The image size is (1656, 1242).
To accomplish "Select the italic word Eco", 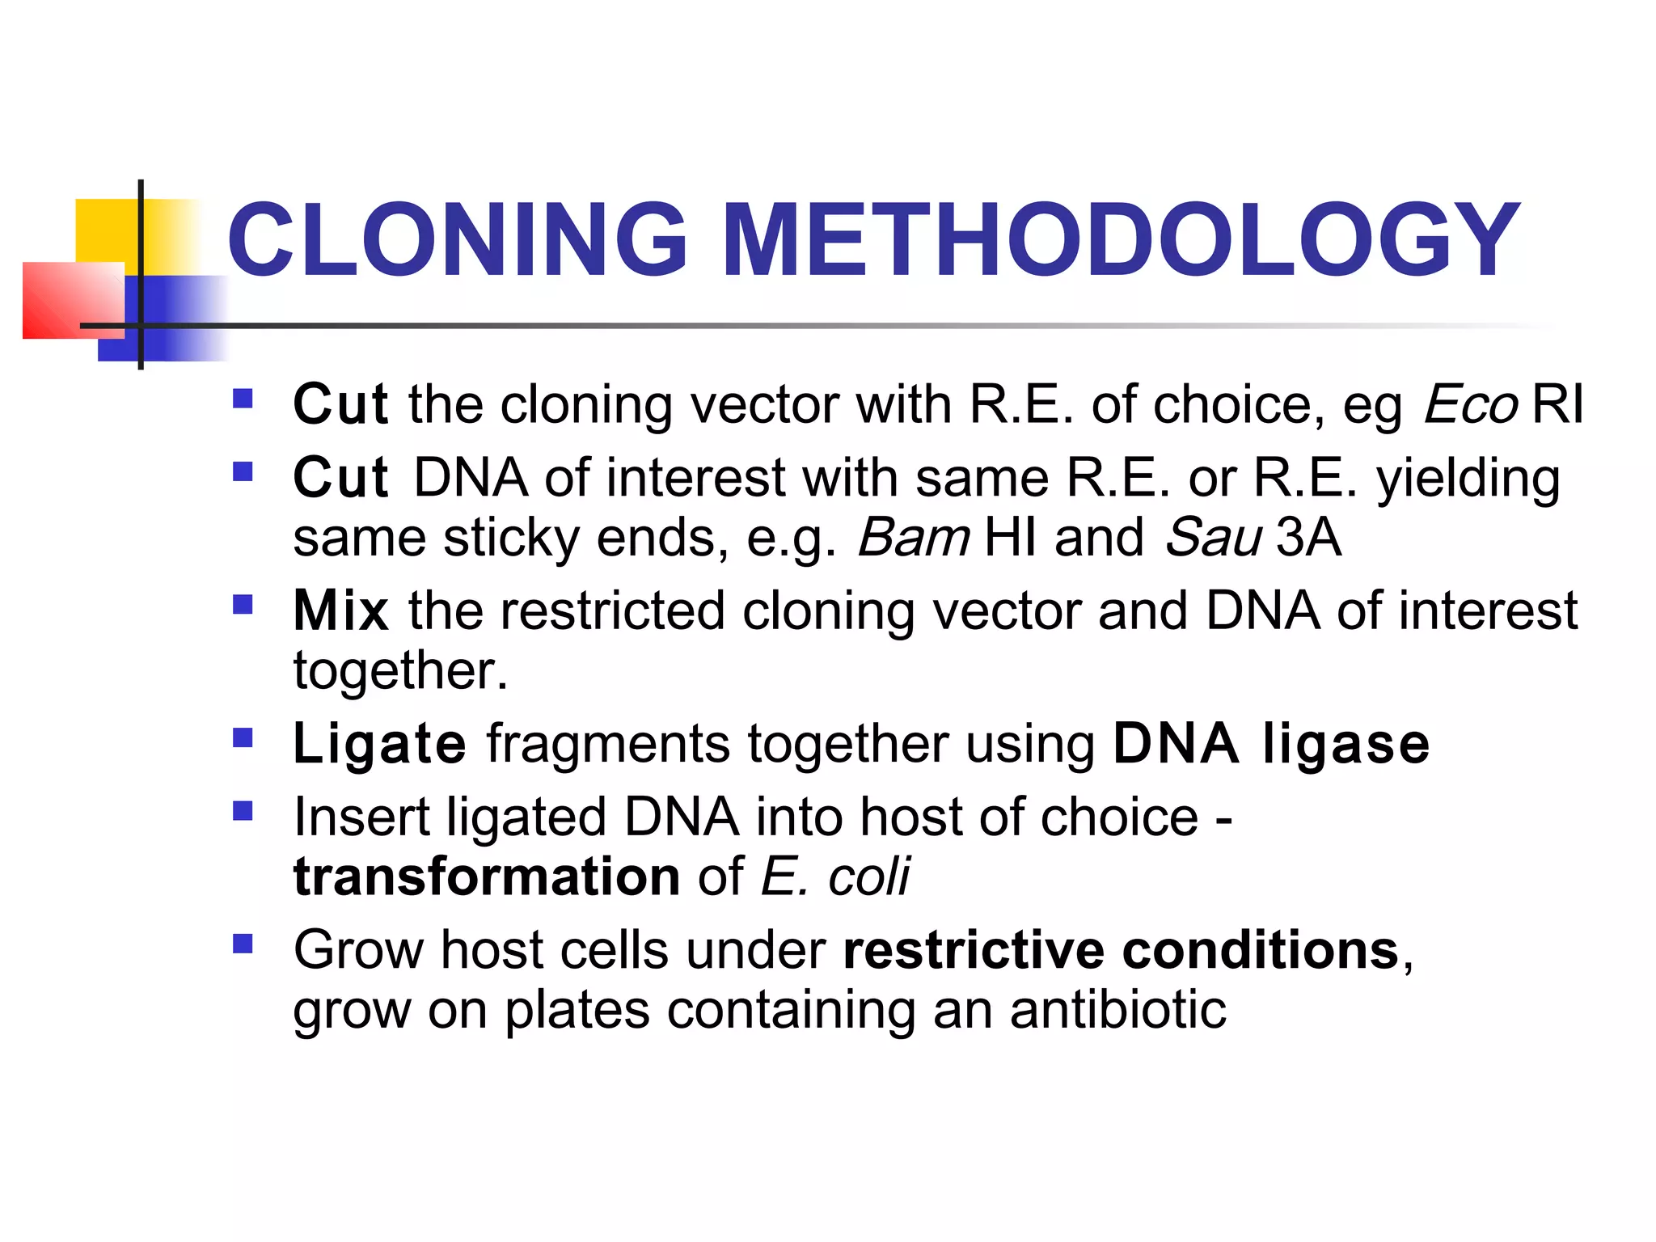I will (1471, 403).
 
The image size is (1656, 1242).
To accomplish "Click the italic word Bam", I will (913, 537).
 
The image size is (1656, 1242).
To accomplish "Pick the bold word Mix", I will (340, 610).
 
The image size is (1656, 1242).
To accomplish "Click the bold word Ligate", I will (379, 745).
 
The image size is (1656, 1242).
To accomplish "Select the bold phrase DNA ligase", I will (1271, 743).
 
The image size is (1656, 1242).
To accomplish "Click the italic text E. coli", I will (835, 877).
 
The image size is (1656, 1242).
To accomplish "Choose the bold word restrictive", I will (973, 949).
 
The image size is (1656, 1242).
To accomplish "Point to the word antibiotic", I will (1118, 1010).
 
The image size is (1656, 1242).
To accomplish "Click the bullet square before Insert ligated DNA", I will (243, 810).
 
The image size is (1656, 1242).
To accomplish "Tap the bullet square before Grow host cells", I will (243, 944).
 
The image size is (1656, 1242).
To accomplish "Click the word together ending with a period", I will (400, 671).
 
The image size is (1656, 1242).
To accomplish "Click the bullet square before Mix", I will (243, 604).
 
